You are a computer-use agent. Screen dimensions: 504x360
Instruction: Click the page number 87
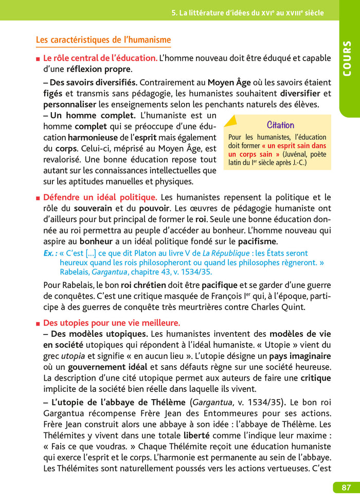[x=343, y=487]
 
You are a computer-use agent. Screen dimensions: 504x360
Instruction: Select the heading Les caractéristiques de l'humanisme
[x=103, y=40]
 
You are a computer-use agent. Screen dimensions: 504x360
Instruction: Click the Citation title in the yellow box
[x=280, y=125]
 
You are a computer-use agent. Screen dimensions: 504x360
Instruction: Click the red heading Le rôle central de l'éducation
[x=100, y=58]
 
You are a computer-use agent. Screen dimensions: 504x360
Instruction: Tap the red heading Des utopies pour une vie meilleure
[x=112, y=323]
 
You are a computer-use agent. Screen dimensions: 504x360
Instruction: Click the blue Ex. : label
[x=51, y=253]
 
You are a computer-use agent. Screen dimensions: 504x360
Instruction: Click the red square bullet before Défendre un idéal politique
[x=38, y=197]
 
